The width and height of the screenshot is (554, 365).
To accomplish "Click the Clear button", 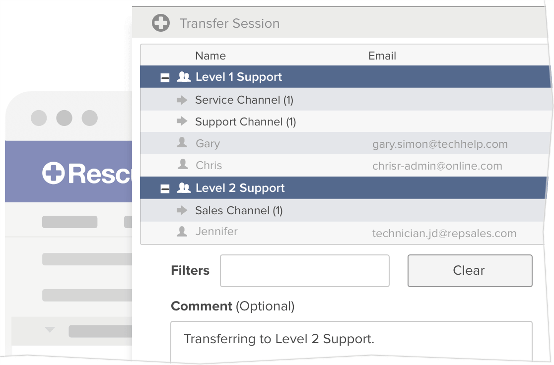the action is pos(469,271).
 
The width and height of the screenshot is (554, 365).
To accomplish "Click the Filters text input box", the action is pos(304,271).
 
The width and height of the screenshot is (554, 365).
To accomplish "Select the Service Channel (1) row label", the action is pos(244,100).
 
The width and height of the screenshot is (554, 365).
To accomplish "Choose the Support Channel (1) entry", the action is pos(245,122).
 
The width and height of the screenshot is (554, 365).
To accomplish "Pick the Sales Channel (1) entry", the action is pos(238,211).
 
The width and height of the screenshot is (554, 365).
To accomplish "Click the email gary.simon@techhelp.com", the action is pos(440,144).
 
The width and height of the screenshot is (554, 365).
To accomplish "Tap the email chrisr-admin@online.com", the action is pos(437,166).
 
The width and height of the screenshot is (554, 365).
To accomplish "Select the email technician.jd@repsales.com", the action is pos(444,234).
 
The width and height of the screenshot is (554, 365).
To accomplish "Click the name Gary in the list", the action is pos(208,144).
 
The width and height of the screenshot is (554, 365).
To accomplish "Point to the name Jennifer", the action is pos(216,232).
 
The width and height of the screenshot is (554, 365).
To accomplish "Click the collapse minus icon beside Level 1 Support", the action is pos(165,78).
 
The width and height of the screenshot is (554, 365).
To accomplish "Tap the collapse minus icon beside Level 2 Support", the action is pos(165,189).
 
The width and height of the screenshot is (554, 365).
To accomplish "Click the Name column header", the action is pos(210,56).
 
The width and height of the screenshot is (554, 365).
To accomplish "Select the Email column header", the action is pos(382,56).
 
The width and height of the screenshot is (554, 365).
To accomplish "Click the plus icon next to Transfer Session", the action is pos(160,23).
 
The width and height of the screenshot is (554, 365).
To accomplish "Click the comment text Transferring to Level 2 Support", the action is pos(278,339).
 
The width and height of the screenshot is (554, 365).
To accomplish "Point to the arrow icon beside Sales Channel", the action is pos(182,211).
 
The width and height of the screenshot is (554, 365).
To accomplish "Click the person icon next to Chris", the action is pos(183,165).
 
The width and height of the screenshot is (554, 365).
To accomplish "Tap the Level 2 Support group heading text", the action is pos(240,188).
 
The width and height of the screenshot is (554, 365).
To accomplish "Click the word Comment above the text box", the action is pos(201,306).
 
